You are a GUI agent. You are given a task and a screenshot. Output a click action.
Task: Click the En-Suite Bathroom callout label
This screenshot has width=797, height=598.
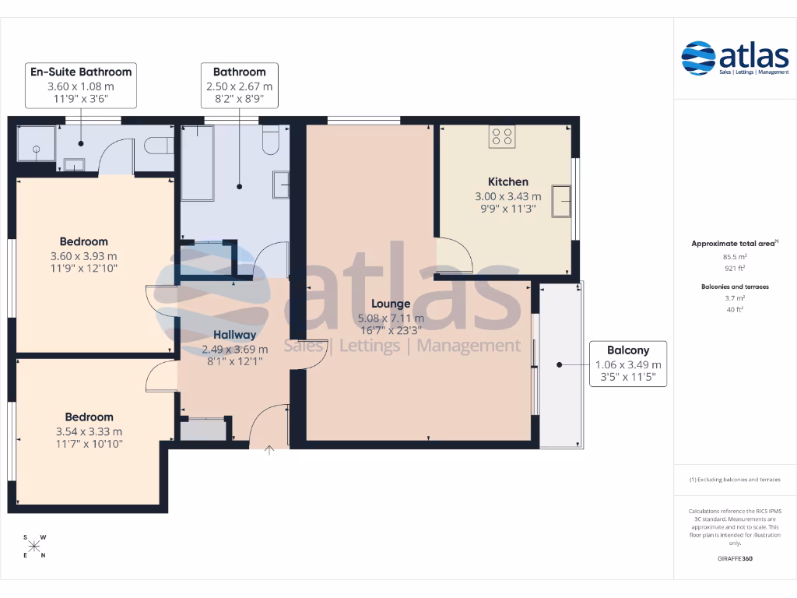81,85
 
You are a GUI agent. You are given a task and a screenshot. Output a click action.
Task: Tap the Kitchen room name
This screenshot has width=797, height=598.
507,182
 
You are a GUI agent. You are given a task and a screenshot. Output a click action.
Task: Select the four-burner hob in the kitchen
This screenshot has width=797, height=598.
501,137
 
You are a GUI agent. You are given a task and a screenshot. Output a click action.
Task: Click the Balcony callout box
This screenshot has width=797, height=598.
627,364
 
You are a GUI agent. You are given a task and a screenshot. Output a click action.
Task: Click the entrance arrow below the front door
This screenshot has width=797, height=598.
269,450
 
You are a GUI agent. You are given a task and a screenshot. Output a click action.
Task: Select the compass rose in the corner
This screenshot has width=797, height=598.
34,546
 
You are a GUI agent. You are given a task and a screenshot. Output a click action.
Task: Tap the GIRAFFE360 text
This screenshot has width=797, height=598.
736,558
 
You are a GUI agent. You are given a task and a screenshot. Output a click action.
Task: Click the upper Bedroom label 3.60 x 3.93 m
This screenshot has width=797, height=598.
84,255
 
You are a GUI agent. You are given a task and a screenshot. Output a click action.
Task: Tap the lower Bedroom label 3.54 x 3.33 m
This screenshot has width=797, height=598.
89,431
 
